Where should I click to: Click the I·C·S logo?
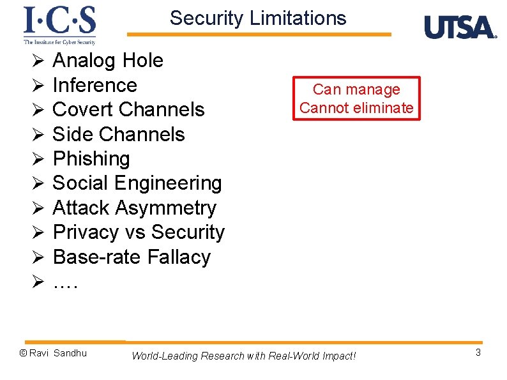click(59, 24)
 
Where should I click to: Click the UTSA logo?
click(460, 27)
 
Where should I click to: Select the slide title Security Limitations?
click(258, 18)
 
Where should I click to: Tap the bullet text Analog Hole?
click(108, 61)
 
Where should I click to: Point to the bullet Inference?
click(95, 85)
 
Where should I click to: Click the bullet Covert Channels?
click(128, 109)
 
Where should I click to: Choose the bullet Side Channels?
click(118, 134)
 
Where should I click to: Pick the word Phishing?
click(91, 158)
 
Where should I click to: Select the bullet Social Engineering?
click(137, 183)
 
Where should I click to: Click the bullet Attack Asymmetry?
click(134, 208)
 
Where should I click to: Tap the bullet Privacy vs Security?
click(139, 232)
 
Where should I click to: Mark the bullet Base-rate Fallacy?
click(132, 257)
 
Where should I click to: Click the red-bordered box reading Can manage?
click(356, 98)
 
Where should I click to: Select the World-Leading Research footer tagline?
click(243, 356)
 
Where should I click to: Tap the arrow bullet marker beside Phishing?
click(38, 159)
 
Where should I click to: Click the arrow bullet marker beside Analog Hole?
click(38, 61)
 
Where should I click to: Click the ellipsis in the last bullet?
click(65, 283)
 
